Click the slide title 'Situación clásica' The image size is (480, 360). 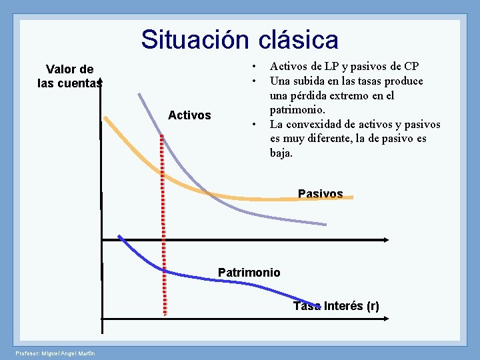[239, 40]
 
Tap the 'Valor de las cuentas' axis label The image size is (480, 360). [69, 76]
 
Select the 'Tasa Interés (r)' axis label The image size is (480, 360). [336, 306]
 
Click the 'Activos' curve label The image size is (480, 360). [189, 115]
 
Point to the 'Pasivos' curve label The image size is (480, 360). [320, 194]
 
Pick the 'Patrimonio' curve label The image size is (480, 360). [249, 272]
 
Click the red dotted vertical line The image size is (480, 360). [163, 220]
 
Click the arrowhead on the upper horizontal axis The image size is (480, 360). [387, 239]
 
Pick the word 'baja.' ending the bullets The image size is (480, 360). [281, 153]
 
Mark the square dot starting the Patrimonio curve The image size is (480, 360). [120, 237]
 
